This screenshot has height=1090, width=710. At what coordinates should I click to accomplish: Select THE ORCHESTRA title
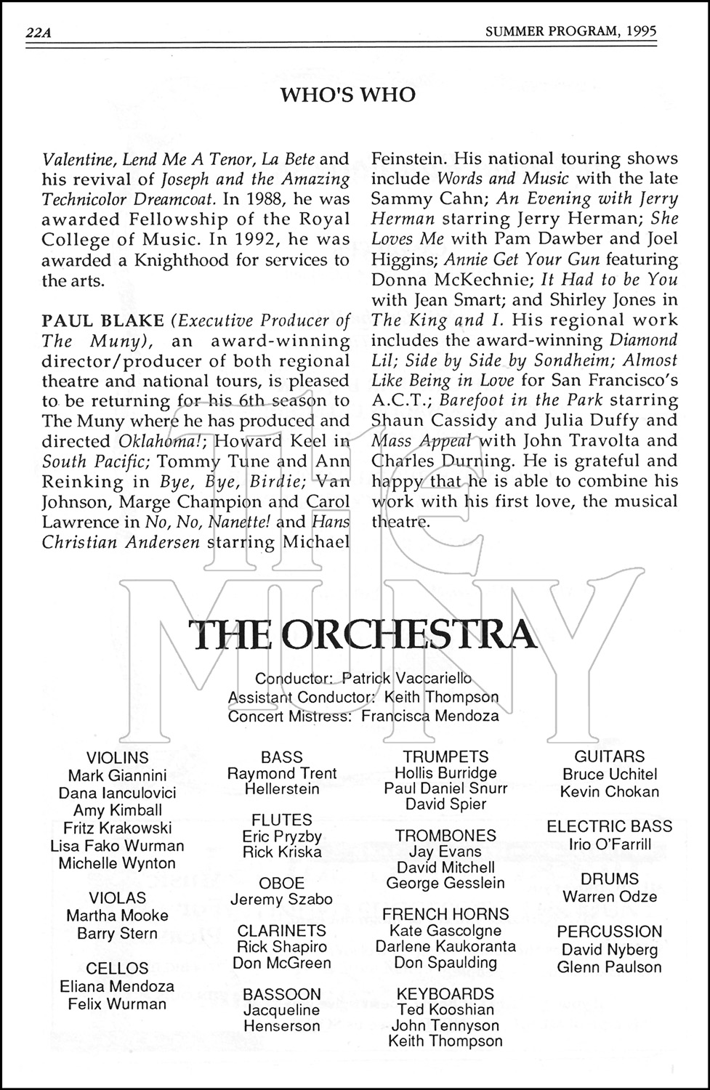click(362, 634)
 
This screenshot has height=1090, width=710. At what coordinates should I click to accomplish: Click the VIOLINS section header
click(117, 758)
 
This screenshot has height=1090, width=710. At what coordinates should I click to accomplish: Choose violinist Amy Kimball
click(117, 810)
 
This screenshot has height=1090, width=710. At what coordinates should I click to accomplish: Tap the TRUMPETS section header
click(445, 757)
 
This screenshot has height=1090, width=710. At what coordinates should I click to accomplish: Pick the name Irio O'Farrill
click(609, 844)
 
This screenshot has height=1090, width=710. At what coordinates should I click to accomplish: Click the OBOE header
click(281, 883)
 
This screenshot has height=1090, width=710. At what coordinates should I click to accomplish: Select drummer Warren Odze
click(609, 897)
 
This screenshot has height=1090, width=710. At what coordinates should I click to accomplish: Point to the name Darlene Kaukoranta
click(445, 946)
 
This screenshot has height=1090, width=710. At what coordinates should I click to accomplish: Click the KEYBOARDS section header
click(445, 993)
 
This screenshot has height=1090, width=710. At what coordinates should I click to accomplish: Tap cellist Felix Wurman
click(117, 1004)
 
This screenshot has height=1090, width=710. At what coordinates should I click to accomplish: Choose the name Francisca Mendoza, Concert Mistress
click(429, 716)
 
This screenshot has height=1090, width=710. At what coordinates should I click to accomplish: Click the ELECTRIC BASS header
click(609, 826)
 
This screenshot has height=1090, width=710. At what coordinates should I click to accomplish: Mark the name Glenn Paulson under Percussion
click(609, 967)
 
